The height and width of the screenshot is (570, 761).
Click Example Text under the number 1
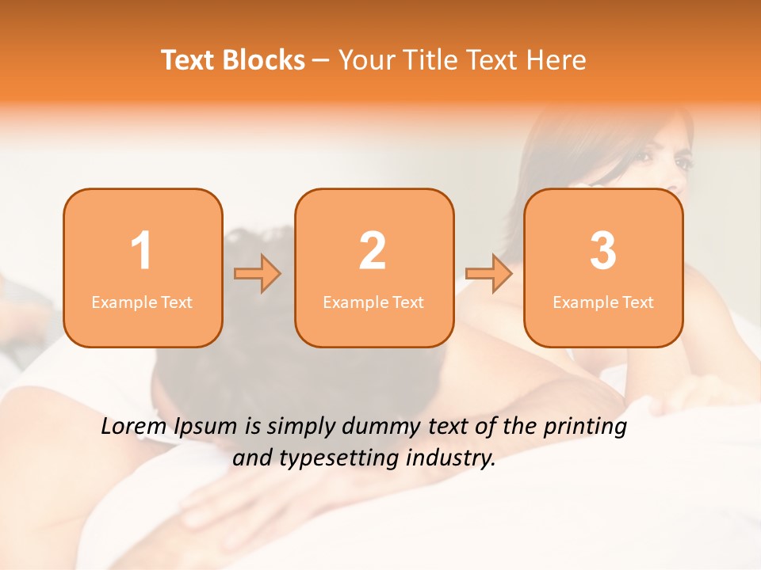pos(142,302)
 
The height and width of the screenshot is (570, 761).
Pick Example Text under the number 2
pos(373,302)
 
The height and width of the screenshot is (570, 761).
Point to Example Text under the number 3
pos(603,302)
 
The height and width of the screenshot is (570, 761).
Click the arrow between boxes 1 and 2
pos(258,274)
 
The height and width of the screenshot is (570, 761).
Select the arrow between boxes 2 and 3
pos(489,274)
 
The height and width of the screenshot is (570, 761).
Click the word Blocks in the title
pos(264,60)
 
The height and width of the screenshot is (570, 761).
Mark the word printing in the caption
pos(585,427)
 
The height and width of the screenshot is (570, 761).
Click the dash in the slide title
pos(321,61)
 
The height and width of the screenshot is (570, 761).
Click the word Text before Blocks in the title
pos(189,60)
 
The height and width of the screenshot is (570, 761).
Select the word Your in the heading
pos(365,60)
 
